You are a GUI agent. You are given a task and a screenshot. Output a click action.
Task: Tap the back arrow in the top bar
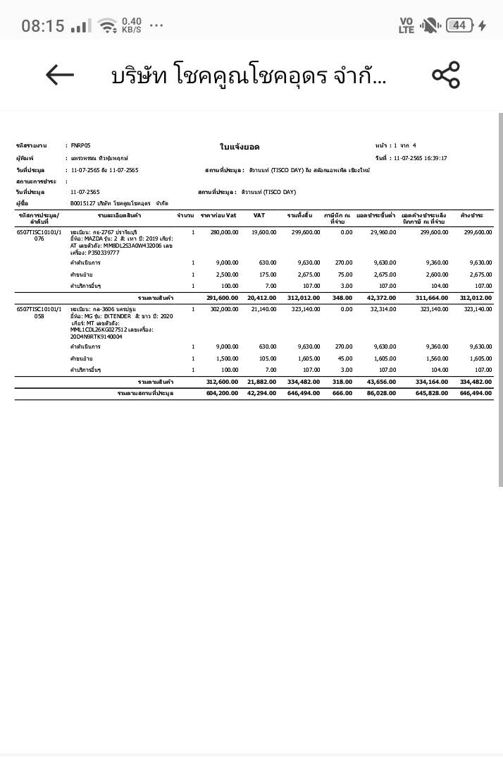[60, 75]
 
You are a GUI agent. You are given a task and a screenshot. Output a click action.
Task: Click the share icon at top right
[445, 75]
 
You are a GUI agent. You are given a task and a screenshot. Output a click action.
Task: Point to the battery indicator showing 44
[459, 25]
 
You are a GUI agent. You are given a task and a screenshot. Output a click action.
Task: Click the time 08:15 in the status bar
[43, 26]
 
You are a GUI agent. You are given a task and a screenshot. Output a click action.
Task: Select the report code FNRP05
[81, 145]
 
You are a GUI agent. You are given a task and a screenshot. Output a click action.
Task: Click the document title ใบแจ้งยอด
[240, 147]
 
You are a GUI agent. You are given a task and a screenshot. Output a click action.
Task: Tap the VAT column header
[259, 215]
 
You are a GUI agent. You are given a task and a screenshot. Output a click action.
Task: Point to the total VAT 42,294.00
[262, 393]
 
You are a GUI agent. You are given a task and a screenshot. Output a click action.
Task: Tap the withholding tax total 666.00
[342, 393]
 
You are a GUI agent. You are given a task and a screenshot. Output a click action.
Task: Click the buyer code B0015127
[85, 203]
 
